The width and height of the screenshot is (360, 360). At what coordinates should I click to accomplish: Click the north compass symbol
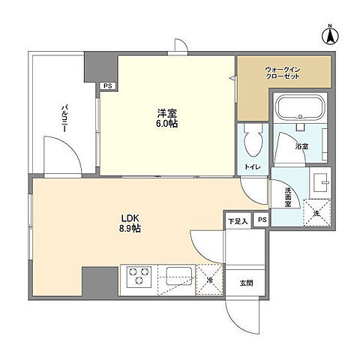(x=330, y=35)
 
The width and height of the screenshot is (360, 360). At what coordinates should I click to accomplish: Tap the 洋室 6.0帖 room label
(x=167, y=118)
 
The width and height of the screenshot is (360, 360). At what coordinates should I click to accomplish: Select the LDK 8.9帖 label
(x=130, y=223)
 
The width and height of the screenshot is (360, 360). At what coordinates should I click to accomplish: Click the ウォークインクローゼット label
(x=283, y=73)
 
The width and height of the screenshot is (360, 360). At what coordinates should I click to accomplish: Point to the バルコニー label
(x=64, y=118)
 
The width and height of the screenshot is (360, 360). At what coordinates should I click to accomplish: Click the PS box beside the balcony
(x=108, y=86)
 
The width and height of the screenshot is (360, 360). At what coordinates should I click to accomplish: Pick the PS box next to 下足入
(x=262, y=220)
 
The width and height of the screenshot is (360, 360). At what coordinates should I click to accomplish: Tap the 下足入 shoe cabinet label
(x=238, y=221)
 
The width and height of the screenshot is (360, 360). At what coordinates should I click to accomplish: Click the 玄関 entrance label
(x=247, y=283)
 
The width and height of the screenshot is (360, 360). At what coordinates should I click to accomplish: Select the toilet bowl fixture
(x=253, y=140)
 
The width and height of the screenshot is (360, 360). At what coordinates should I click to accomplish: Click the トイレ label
(x=253, y=166)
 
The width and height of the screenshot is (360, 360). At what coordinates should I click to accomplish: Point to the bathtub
(x=300, y=108)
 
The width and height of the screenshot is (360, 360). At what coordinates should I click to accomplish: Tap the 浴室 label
(x=301, y=146)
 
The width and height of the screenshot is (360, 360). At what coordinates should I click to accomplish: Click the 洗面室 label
(x=288, y=197)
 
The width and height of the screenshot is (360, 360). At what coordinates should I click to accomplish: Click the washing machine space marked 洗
(x=317, y=213)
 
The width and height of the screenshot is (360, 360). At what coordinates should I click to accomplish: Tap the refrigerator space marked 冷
(x=209, y=280)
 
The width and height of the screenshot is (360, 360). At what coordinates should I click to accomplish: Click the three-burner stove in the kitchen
(x=139, y=277)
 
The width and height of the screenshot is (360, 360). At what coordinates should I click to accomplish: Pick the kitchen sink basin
(x=179, y=276)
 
